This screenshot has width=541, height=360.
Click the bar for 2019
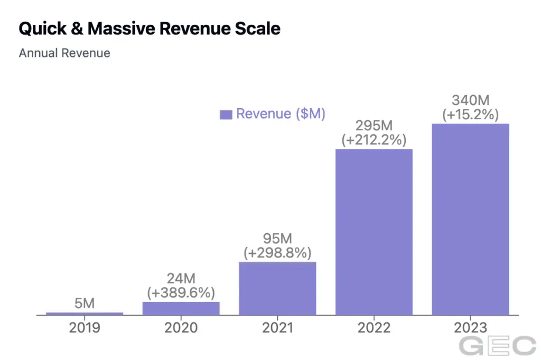coord(85,314)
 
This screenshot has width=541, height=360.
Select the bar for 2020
coord(181,308)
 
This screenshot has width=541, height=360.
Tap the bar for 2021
coord(277,288)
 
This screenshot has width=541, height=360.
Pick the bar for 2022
coord(374,232)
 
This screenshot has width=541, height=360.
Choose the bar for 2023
coord(470,219)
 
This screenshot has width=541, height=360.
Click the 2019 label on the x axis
coord(85,328)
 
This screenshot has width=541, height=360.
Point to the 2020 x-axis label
coord(181,328)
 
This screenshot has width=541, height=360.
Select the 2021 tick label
coord(277,328)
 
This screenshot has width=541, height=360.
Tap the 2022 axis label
coord(374,328)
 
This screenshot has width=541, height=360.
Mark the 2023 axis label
coord(470,328)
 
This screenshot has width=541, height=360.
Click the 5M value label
coord(85,304)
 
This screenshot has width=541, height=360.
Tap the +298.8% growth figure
coord(277,253)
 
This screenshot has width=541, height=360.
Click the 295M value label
coord(374,127)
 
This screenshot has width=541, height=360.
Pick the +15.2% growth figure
coord(470,115)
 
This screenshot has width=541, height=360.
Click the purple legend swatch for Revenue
coord(226,115)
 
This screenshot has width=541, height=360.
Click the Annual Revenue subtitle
coord(64,53)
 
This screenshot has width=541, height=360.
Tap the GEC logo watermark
coord(497,346)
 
